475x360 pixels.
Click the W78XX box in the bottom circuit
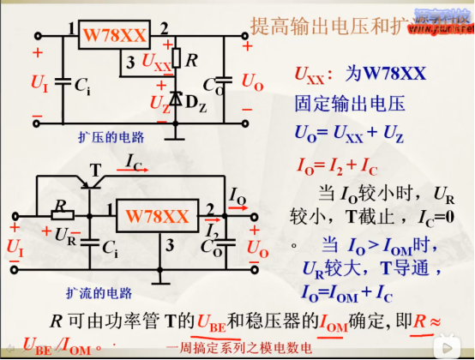[x=158, y=216]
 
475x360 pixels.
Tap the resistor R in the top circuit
[x=176, y=58]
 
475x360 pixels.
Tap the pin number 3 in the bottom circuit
[x=171, y=246]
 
